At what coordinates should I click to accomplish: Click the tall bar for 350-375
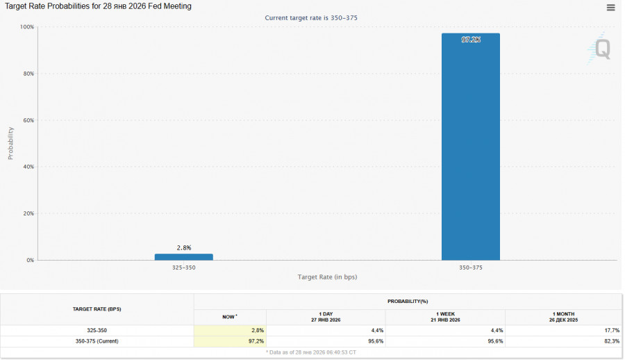click(x=470, y=147)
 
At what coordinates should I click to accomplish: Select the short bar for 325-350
click(x=183, y=256)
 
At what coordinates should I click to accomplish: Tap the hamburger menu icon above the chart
click(x=610, y=8)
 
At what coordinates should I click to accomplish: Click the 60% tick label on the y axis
click(x=28, y=120)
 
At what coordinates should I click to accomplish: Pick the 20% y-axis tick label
click(x=28, y=213)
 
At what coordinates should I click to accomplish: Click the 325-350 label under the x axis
click(x=183, y=268)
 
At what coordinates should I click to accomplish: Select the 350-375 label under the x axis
click(x=470, y=268)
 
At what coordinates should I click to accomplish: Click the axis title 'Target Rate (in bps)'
click(x=327, y=277)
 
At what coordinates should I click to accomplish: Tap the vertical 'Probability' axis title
click(x=10, y=143)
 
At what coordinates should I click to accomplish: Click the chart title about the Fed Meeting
click(x=98, y=6)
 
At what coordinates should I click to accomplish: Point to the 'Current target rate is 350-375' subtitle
click(x=311, y=17)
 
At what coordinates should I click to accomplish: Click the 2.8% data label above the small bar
click(x=183, y=247)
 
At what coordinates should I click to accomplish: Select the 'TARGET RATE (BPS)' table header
click(x=97, y=309)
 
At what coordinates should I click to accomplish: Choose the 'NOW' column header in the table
click(x=229, y=316)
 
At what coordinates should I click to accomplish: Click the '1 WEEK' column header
click(x=445, y=313)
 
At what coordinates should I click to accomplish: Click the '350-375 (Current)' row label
click(x=97, y=341)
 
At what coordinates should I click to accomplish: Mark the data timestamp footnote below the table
click(x=311, y=352)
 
